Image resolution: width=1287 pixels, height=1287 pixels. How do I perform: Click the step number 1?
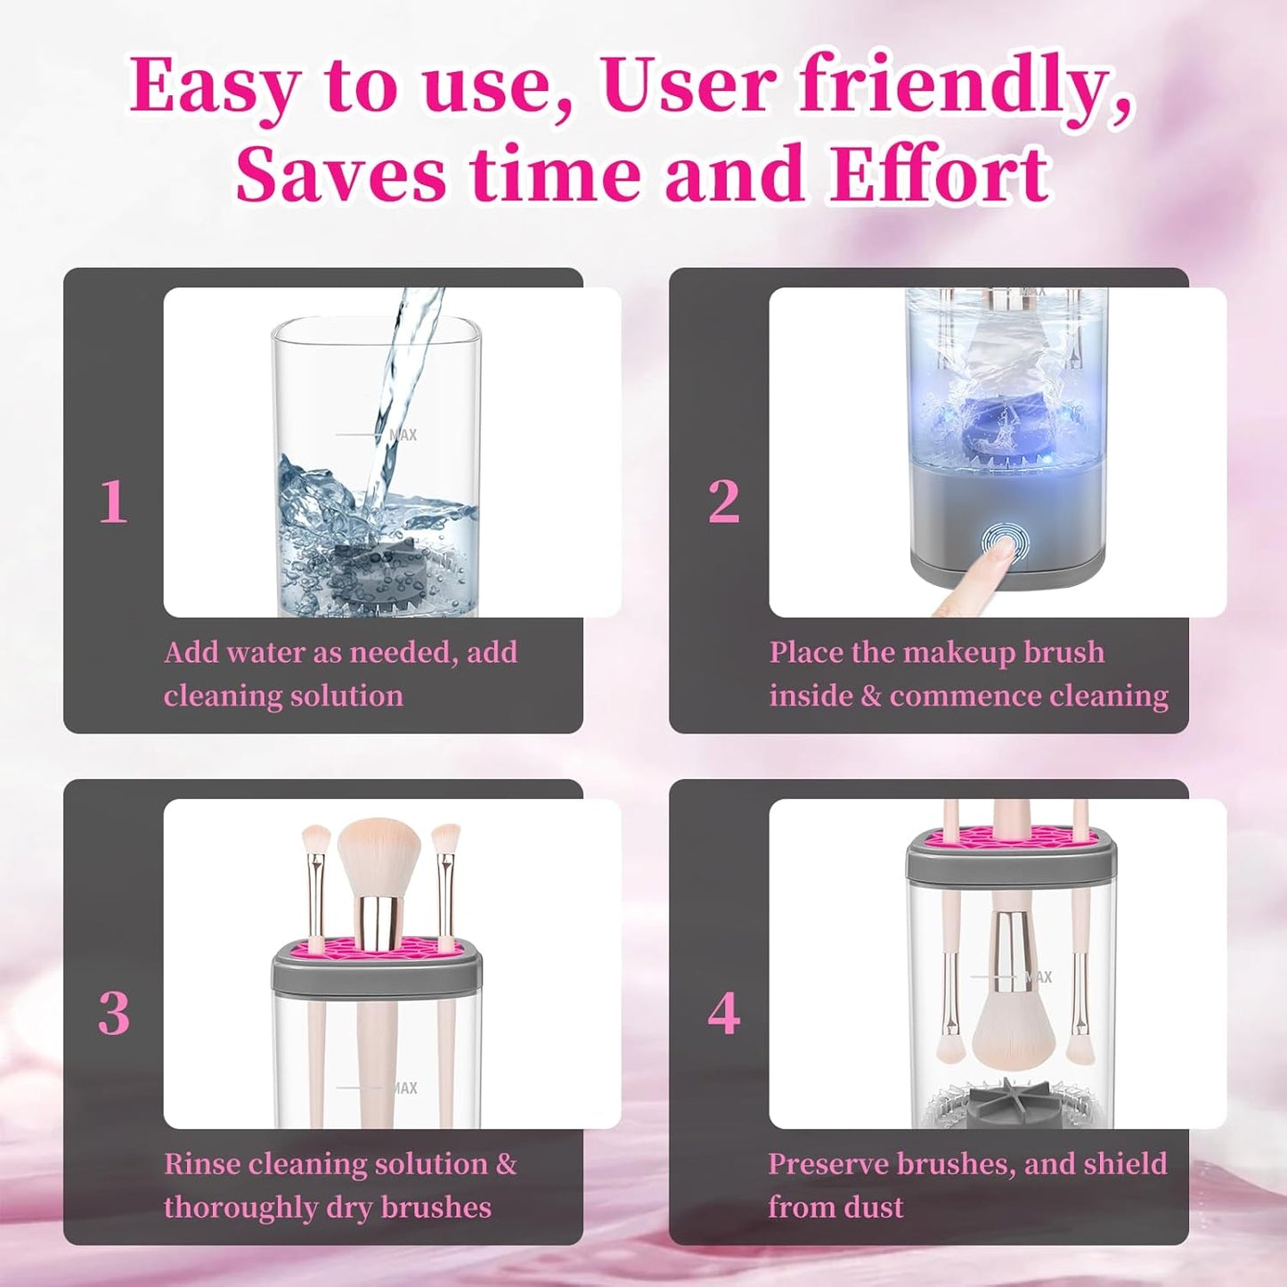tap(113, 502)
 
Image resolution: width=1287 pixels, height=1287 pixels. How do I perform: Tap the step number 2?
tap(723, 502)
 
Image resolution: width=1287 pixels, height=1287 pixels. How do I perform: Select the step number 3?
tap(113, 1014)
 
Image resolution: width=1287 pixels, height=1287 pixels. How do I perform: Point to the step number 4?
tap(723, 1014)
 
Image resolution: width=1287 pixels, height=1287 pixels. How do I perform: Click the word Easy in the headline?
tap(214, 87)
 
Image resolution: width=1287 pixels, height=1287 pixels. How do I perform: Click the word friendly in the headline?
tap(962, 86)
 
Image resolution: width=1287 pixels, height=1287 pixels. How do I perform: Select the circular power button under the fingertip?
tap(1004, 542)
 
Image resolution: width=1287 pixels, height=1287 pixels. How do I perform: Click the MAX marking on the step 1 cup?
tap(403, 435)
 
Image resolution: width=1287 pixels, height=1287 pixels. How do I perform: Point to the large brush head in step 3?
tap(379, 855)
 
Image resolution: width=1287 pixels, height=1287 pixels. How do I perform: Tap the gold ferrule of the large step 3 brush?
tap(378, 923)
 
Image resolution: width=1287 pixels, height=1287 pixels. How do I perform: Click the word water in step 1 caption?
tap(264, 653)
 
